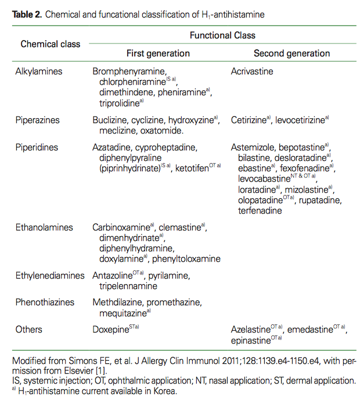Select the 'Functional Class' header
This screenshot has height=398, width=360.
click(x=222, y=35)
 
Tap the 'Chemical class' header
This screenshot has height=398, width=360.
click(x=51, y=44)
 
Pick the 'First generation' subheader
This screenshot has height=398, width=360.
click(x=141, y=53)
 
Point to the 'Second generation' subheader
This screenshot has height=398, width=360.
click(x=291, y=53)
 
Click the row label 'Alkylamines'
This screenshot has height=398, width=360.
click(x=39, y=71)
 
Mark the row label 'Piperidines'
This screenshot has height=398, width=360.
click(x=37, y=147)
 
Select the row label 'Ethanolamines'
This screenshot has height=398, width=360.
click(x=44, y=227)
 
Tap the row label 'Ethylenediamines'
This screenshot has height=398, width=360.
click(x=50, y=276)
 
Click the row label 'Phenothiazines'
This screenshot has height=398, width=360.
click(x=46, y=302)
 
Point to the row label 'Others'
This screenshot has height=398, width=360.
click(x=29, y=330)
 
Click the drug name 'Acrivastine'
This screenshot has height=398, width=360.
click(x=252, y=71)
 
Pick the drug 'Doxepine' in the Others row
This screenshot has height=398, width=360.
click(x=110, y=330)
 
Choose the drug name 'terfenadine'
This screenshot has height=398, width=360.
click(x=260, y=210)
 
